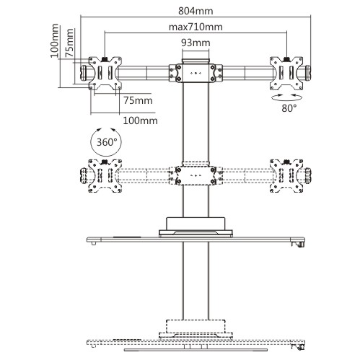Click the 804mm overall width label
(x=196, y=11)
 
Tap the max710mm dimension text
(x=196, y=27)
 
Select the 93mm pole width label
(x=196, y=43)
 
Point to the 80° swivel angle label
(x=289, y=108)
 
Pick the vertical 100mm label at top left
(x=54, y=40)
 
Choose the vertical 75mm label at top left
(x=69, y=43)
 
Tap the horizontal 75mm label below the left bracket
(x=138, y=100)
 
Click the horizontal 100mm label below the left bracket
(x=140, y=120)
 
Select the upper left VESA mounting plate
(x=105, y=73)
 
